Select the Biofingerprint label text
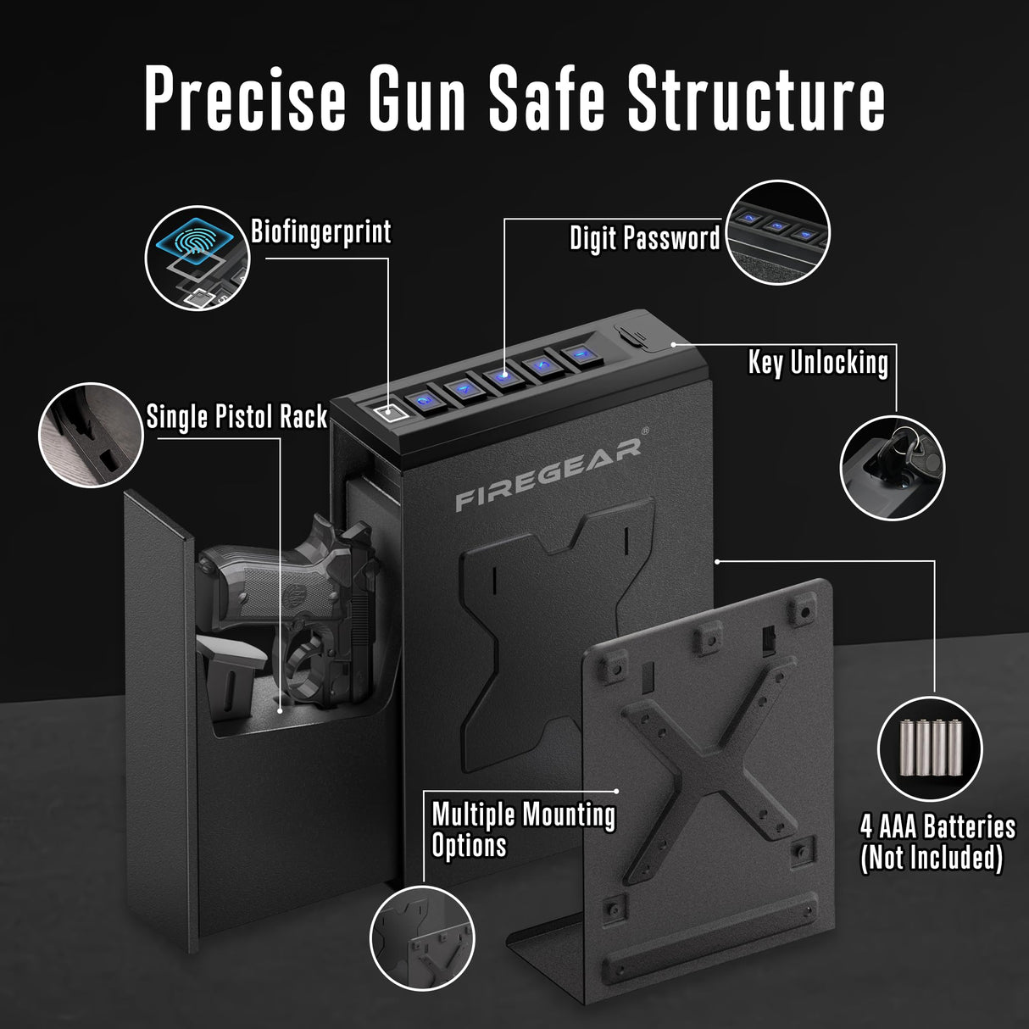[321, 232]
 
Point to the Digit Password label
[644, 239]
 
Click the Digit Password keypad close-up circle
[779, 229]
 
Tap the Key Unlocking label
[818, 363]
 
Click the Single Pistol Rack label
[236, 417]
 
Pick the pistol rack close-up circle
[91, 435]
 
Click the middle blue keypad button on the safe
[503, 375]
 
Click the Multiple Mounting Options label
[523, 830]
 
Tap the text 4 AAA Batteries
[937, 826]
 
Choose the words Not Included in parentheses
[932, 859]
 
